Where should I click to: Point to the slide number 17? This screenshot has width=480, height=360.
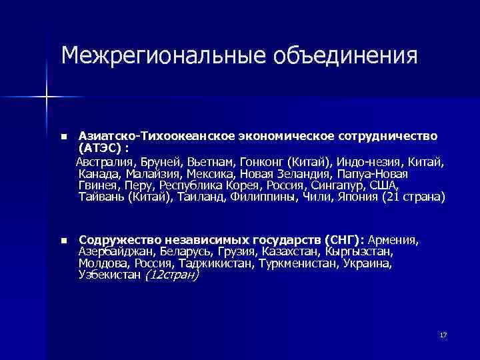443,335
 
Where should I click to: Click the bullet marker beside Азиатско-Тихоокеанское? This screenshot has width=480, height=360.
63,137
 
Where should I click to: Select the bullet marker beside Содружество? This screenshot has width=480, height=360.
63,241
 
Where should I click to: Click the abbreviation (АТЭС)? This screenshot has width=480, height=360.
101,147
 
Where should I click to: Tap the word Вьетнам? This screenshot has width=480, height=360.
205,162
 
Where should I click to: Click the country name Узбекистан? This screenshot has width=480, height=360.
110,275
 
